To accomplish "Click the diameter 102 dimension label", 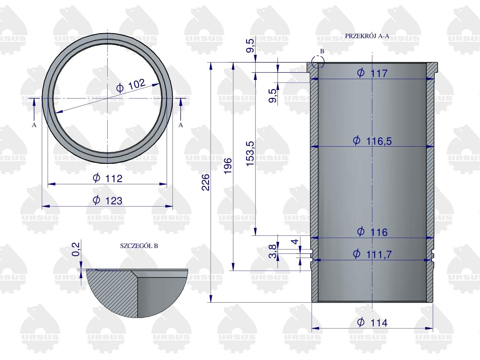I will [x=131, y=86].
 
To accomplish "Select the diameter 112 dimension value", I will [x=108, y=178].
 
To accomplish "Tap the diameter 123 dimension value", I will [x=108, y=201].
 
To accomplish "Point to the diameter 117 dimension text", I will [x=372, y=73].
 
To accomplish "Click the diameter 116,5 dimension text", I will [x=372, y=141].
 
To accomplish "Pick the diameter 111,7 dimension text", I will [x=372, y=254].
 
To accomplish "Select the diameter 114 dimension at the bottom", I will [x=372, y=322].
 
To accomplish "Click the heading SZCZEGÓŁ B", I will [x=139, y=246].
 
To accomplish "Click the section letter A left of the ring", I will [x=34, y=125].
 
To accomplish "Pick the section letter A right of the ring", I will [x=181, y=125].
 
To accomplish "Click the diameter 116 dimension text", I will [x=372, y=232].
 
